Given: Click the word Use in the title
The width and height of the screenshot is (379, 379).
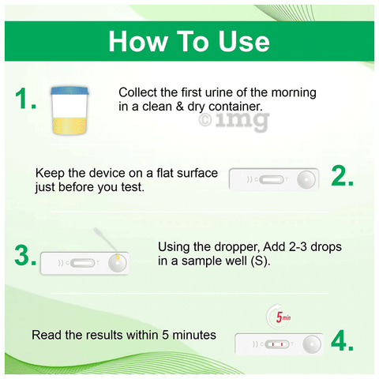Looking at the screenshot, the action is (x=244, y=41).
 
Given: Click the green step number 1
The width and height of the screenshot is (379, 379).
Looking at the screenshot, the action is (x=25, y=98).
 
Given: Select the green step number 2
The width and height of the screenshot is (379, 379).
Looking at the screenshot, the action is (x=342, y=175).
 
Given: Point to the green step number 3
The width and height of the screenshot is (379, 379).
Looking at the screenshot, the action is (x=25, y=255).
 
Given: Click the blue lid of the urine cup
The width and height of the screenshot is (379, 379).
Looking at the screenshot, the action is (x=69, y=91).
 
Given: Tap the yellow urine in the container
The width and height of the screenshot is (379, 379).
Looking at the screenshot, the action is (x=69, y=126).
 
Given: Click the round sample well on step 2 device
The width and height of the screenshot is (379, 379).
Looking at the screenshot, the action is (x=306, y=180).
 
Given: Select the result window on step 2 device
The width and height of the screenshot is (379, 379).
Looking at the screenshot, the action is (x=272, y=180).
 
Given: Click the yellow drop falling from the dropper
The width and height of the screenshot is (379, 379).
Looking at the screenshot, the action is (x=118, y=257).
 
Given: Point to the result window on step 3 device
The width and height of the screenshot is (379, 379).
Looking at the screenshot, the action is (x=83, y=263).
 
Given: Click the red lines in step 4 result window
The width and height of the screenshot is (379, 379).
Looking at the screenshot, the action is (x=277, y=344).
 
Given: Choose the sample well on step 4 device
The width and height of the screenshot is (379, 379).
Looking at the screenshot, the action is (x=312, y=344).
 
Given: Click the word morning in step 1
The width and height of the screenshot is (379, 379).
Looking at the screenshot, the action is (x=294, y=93).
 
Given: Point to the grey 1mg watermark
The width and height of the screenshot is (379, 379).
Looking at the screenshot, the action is (x=235, y=121).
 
